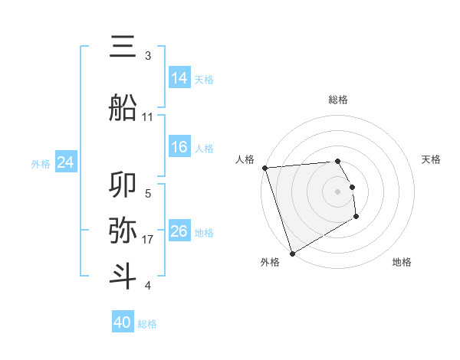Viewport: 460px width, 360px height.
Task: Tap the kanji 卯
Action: coord(123,186)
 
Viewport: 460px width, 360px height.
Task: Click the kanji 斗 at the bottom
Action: coord(123,277)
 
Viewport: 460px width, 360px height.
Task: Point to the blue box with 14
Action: coord(179,77)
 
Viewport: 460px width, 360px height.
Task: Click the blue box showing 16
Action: coord(179,147)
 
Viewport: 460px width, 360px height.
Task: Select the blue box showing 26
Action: coord(179,231)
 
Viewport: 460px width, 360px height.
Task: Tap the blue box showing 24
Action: coord(66,162)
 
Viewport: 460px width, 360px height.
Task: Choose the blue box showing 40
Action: coord(123,322)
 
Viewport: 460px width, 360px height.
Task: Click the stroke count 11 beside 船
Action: coord(147,117)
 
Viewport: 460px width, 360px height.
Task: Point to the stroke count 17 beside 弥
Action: coord(147,240)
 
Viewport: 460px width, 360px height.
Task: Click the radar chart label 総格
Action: coord(337,100)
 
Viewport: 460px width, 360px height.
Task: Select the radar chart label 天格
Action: coord(431,159)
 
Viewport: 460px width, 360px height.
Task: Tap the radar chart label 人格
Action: coord(245,159)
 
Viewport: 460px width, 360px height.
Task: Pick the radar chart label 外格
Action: coord(269,263)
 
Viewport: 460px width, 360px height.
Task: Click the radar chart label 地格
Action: coord(402,263)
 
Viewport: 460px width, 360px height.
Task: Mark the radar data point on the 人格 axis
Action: coord(264,168)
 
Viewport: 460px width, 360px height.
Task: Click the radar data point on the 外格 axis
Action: coord(292,253)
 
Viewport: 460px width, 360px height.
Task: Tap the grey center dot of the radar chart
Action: coord(337,191)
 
